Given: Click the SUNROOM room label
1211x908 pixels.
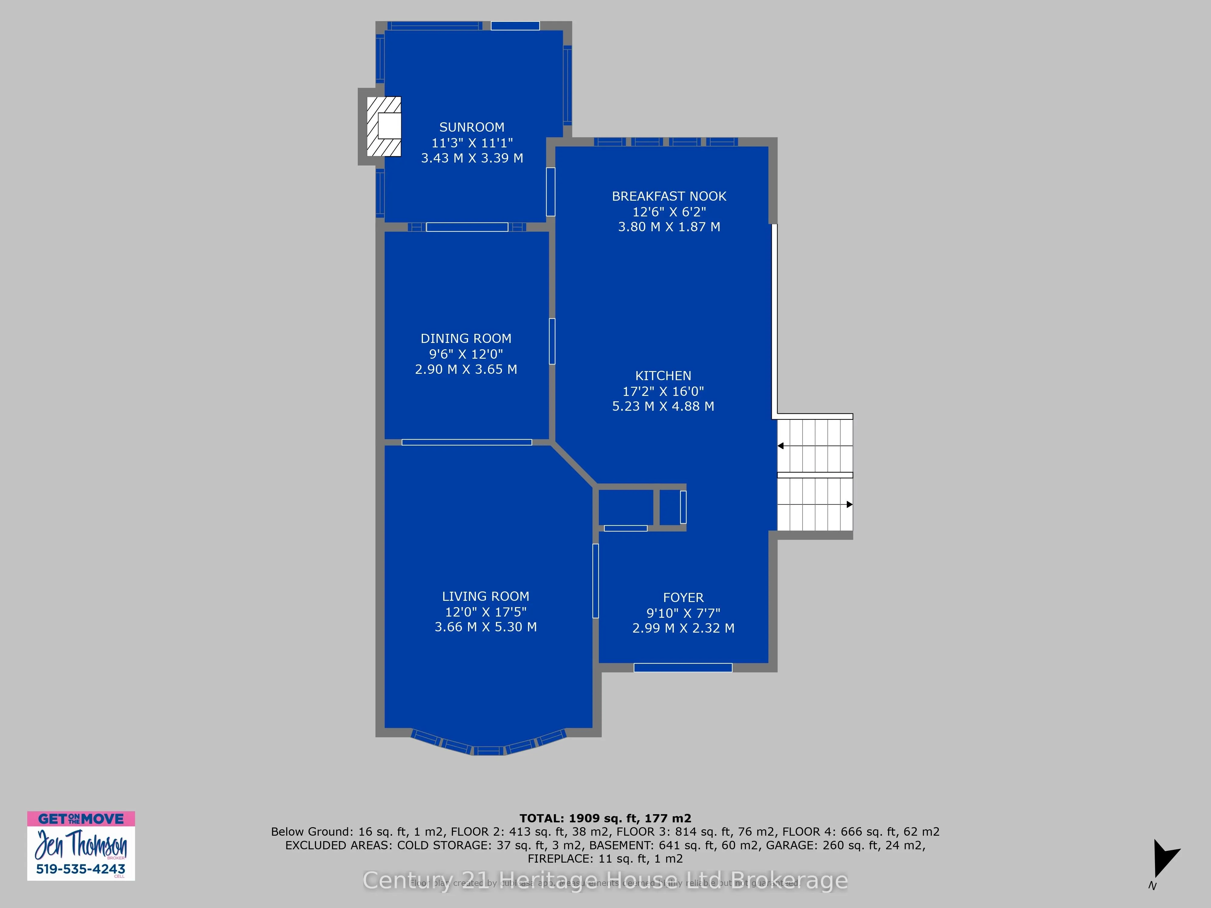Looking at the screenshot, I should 471,127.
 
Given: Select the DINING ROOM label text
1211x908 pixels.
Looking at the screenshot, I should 466,339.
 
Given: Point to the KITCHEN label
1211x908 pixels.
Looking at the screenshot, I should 663,376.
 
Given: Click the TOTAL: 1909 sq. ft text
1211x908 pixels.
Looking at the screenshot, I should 605,818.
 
